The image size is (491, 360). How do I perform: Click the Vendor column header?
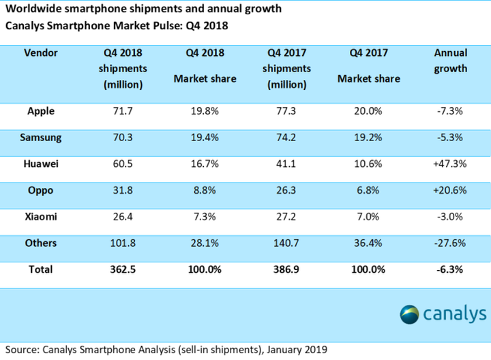click(40, 52)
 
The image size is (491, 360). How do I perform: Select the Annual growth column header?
click(450, 60)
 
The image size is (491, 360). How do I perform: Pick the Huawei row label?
click(41, 164)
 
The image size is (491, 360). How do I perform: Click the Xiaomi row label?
click(40, 216)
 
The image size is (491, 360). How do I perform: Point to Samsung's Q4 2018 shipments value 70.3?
click(123, 137)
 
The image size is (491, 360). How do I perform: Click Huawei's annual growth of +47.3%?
click(450, 164)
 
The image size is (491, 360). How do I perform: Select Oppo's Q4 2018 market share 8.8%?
click(205, 190)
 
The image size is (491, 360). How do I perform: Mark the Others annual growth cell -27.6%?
click(450, 243)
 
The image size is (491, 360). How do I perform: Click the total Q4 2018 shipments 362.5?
click(123, 269)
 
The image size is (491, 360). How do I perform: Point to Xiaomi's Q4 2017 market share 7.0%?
click(368, 216)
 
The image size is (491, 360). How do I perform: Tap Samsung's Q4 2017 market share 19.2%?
click(368, 137)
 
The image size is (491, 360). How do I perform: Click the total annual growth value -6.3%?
click(450, 269)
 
